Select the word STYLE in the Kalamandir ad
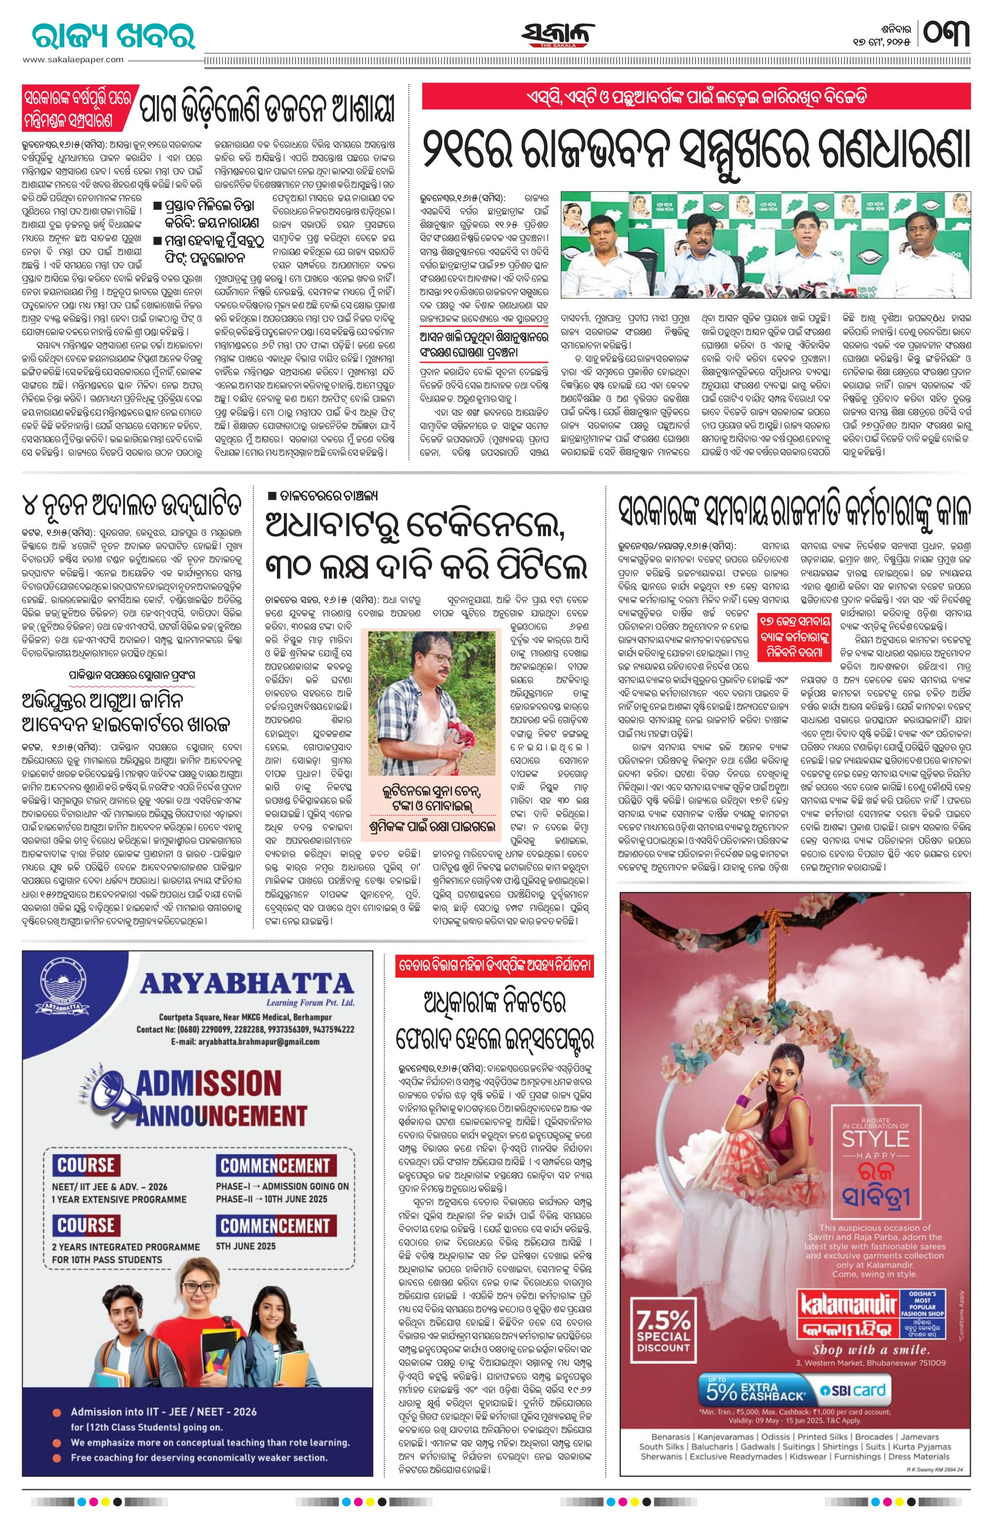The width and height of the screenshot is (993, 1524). [x=874, y=1138]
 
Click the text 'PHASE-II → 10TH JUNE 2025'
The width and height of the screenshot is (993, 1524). [x=271, y=1199]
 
